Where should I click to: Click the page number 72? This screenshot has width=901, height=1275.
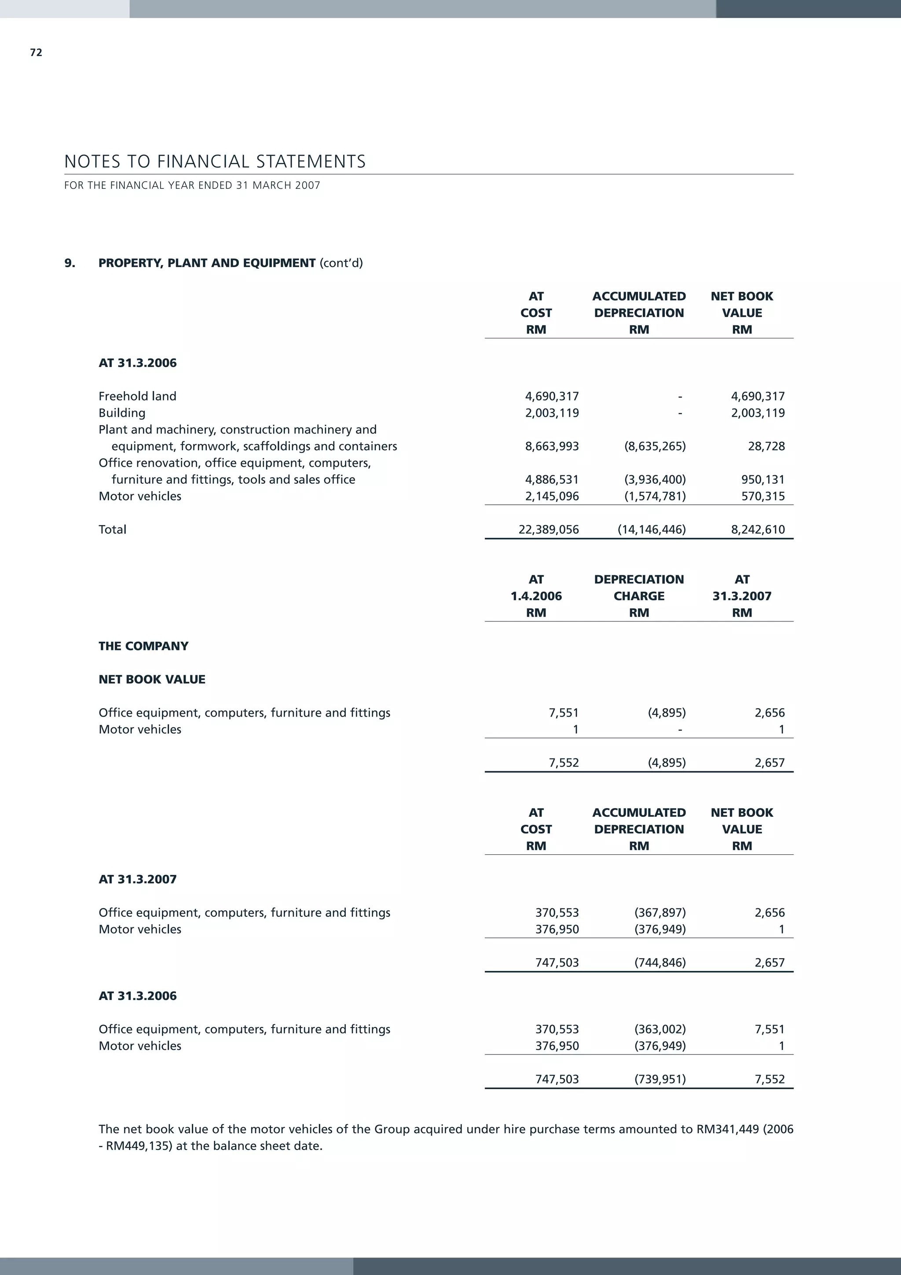[36, 53]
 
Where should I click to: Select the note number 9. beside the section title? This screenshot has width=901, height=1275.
[70, 263]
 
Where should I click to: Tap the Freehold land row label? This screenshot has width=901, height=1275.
[137, 397]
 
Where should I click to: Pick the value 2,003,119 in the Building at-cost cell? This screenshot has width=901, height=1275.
[552, 413]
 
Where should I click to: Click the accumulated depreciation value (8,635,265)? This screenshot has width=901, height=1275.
[655, 446]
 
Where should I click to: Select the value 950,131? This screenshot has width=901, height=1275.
[763, 480]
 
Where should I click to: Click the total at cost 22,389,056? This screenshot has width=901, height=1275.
[549, 530]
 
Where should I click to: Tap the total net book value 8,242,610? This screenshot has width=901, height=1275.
[758, 530]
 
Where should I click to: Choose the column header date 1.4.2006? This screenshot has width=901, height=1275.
[536, 596]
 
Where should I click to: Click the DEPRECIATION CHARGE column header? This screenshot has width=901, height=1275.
[638, 588]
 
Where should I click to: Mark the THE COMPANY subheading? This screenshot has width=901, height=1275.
[143, 647]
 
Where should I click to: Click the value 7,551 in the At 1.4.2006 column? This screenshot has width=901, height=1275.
[564, 713]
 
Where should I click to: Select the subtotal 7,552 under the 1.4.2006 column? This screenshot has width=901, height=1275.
[564, 763]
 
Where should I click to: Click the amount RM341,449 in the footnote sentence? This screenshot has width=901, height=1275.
[727, 1129]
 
